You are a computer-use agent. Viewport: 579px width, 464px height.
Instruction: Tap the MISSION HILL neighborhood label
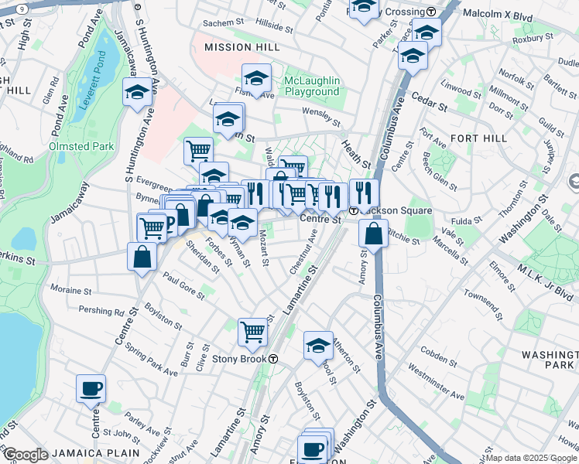point(242,47)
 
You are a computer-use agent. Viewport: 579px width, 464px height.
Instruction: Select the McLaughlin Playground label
point(312,86)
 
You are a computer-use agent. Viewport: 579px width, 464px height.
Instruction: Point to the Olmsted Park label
point(81,145)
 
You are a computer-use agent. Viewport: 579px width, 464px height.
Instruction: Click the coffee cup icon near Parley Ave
point(91,387)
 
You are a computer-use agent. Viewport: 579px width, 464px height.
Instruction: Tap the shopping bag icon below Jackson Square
point(373,234)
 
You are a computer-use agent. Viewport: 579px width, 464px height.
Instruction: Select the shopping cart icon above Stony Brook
point(252,331)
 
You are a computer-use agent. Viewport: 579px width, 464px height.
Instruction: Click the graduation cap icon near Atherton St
point(318,346)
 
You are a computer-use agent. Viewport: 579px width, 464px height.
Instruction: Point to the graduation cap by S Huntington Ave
point(137,92)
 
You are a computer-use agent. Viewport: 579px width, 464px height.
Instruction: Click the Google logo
point(25,455)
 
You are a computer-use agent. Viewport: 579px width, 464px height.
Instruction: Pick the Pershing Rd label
point(101,311)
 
